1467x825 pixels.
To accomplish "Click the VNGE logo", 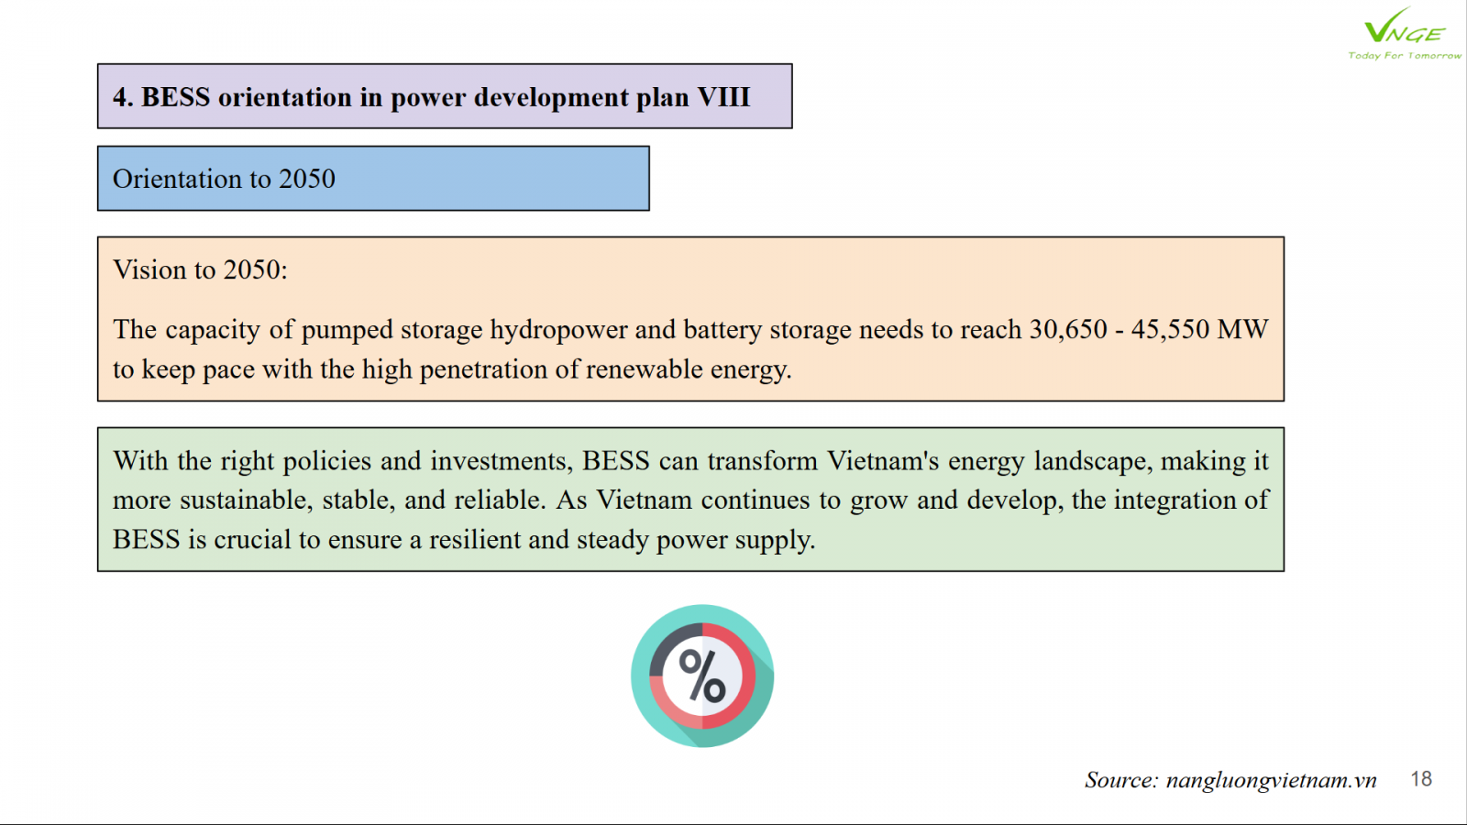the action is click(x=1404, y=33).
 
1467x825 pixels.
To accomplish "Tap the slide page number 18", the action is click(x=1421, y=778).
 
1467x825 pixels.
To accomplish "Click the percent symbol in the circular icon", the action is click(x=702, y=676).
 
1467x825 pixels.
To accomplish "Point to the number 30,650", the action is click(x=1068, y=329).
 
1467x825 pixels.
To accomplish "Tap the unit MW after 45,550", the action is click(x=1243, y=329).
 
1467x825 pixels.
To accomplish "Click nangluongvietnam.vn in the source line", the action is click(x=1271, y=780).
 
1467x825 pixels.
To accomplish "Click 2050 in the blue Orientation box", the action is click(x=307, y=179).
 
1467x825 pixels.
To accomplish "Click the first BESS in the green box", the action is click(x=615, y=461).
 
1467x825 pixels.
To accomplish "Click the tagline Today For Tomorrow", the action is click(x=1404, y=56).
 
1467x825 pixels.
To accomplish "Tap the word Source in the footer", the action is click(x=1122, y=780).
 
